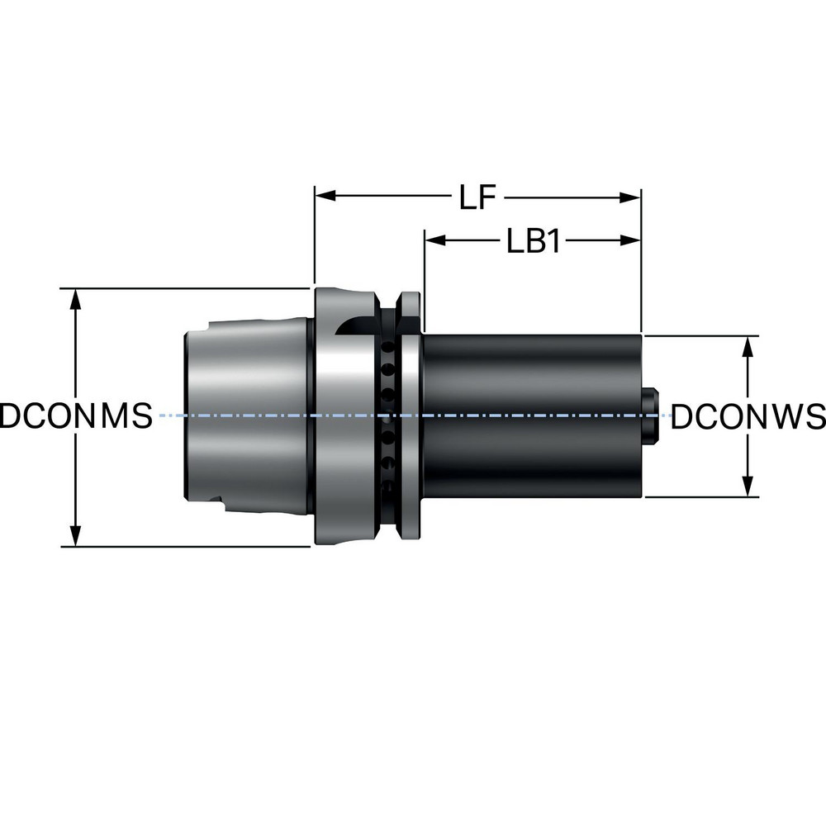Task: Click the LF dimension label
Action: tap(478, 198)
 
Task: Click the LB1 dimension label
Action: tap(534, 241)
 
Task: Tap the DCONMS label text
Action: tap(76, 416)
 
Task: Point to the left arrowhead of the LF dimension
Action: tap(325, 197)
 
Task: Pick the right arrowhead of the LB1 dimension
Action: tap(632, 240)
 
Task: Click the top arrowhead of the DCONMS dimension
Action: tap(76, 298)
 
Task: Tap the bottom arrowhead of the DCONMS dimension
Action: tap(76, 536)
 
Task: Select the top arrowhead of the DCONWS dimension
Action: tap(748, 345)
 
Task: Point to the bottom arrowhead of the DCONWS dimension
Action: tap(748, 487)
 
